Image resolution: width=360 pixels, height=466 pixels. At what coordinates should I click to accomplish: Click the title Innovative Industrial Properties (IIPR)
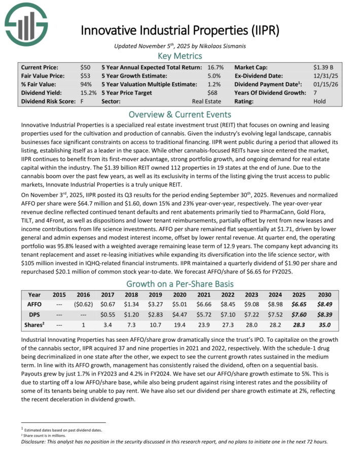click(x=180, y=29)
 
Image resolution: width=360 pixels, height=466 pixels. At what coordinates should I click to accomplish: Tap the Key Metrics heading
click(x=180, y=56)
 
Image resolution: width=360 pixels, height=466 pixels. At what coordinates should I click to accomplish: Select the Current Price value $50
click(x=85, y=67)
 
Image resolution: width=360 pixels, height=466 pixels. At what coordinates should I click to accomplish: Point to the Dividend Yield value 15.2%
click(x=88, y=93)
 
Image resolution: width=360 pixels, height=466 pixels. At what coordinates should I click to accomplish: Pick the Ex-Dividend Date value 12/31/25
click(x=325, y=76)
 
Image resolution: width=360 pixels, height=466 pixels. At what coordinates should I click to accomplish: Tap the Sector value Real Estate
click(x=201, y=101)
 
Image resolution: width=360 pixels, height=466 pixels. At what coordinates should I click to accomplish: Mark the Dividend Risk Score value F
click(x=82, y=101)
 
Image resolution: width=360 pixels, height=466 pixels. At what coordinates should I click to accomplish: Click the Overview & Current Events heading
click(x=180, y=114)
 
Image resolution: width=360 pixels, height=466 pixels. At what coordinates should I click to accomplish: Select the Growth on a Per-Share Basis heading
click(x=180, y=283)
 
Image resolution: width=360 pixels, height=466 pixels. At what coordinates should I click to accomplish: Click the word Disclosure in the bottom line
click(x=35, y=441)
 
